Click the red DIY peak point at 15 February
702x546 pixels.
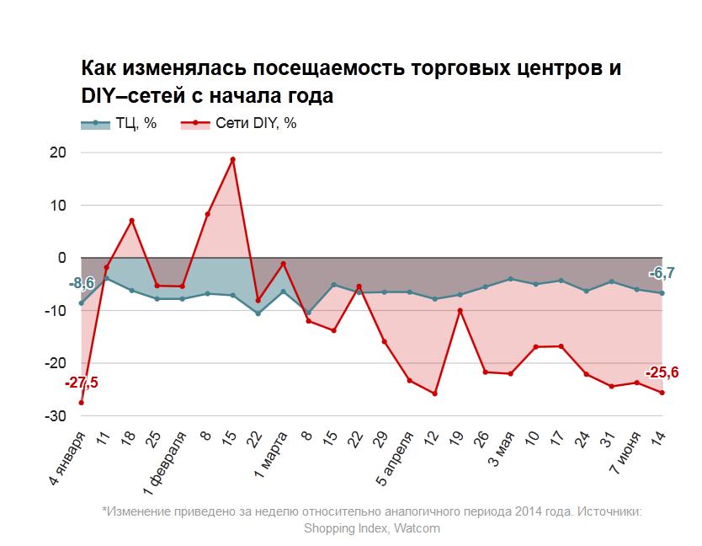[232, 159]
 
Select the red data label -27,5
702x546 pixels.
[82, 383]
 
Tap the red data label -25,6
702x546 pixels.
[662, 373]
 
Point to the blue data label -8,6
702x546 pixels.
[82, 283]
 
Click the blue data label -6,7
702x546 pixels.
[662, 273]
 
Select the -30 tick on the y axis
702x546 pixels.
[56, 416]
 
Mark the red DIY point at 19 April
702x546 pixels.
[460, 310]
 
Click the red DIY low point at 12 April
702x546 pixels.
[434, 393]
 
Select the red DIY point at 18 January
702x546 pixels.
[132, 221]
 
